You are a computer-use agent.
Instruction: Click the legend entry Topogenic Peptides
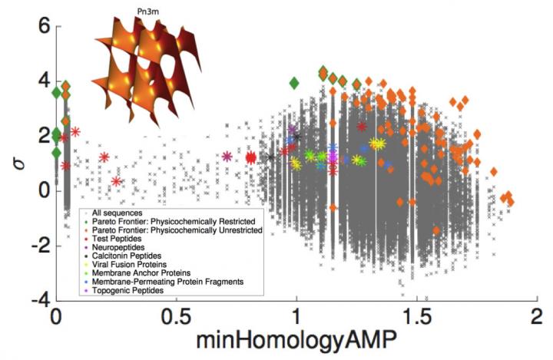click(x=124, y=291)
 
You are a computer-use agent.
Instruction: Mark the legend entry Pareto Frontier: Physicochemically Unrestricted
click(x=176, y=230)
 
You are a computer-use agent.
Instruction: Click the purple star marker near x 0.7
click(x=227, y=157)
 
